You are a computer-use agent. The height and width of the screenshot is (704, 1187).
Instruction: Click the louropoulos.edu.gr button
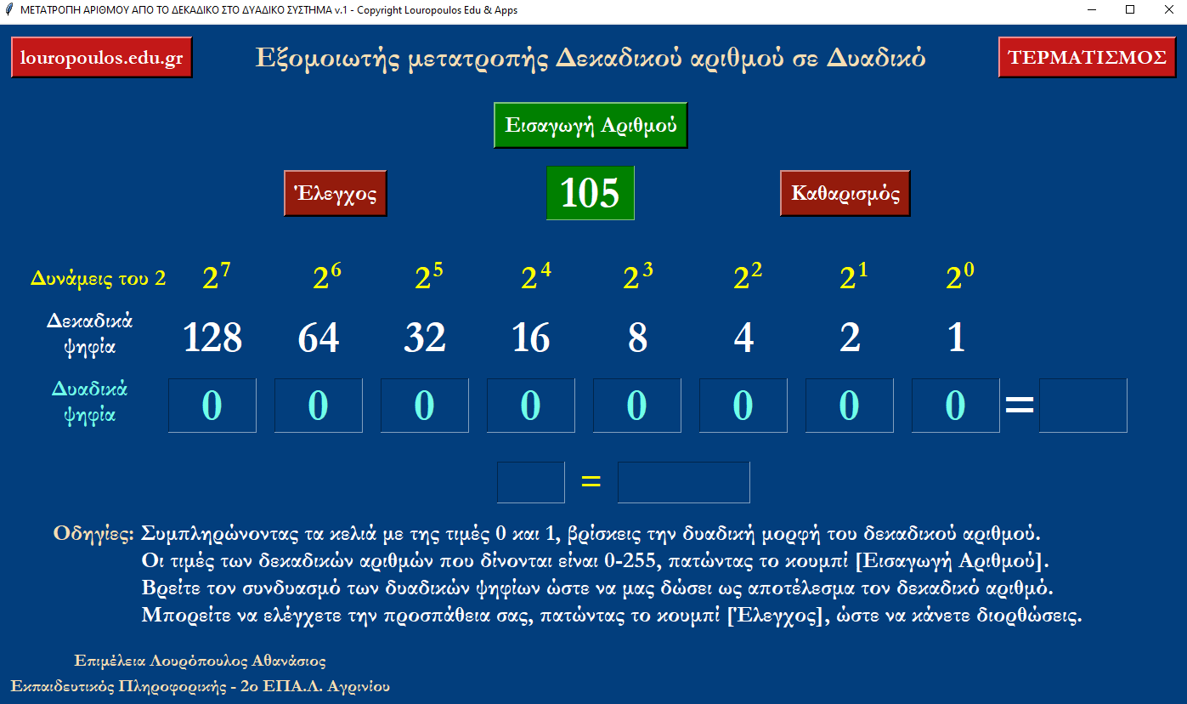[102, 57]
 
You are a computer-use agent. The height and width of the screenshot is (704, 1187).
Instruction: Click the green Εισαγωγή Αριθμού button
[591, 125]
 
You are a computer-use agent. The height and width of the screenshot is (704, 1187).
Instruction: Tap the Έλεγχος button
[336, 193]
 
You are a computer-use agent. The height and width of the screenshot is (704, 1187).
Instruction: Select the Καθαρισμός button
[845, 193]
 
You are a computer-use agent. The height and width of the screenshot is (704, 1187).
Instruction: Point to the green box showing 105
[591, 193]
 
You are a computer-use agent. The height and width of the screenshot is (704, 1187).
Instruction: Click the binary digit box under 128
[212, 406]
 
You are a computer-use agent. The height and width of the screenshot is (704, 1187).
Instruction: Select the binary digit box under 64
[319, 406]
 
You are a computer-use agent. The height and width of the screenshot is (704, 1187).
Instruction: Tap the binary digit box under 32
[425, 406]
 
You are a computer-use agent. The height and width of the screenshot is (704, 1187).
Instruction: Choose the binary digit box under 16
[531, 406]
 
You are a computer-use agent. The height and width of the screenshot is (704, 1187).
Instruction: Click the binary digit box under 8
[637, 406]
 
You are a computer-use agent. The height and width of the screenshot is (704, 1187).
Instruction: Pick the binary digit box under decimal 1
[955, 406]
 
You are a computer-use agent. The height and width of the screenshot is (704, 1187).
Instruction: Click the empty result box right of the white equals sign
[1083, 406]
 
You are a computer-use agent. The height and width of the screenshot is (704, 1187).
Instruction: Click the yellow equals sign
[591, 481]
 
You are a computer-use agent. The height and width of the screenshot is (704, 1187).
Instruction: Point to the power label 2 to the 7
[216, 276]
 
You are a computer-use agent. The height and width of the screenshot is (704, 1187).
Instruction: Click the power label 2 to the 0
[959, 276]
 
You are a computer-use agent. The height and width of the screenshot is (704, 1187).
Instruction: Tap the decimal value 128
[212, 338]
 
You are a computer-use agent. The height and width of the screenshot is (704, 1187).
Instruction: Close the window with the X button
[1168, 10]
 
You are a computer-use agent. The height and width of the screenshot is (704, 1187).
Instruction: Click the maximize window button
[1130, 10]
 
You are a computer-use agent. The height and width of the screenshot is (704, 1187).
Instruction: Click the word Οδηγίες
[93, 533]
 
